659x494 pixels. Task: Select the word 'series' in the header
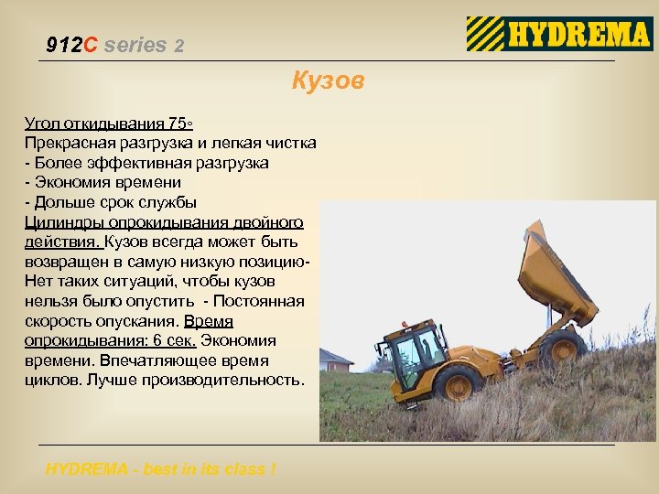[135, 44]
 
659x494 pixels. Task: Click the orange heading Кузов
[328, 81]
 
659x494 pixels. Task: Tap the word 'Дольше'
[59, 202]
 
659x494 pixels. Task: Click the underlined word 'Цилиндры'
[63, 222]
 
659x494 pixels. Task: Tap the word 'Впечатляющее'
[146, 360]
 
